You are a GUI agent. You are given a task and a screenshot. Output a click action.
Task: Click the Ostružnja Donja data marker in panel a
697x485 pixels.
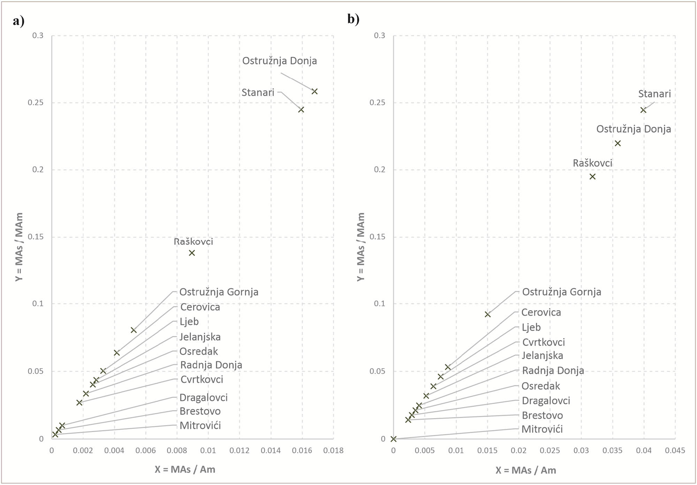pos(314,91)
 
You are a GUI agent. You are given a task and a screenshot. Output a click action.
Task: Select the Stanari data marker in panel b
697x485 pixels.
pos(643,110)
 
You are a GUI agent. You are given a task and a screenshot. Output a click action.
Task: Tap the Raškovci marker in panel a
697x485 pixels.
pos(192,253)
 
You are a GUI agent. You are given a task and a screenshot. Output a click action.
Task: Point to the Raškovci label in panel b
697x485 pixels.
pos(592,163)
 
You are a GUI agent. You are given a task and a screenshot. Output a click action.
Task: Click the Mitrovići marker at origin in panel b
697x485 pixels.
pos(393,439)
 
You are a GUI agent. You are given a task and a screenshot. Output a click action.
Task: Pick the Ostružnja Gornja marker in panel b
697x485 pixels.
pos(488,314)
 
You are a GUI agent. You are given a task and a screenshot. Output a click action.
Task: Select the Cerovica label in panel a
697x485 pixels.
pos(200,307)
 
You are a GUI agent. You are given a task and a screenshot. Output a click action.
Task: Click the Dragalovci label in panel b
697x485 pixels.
pos(546,401)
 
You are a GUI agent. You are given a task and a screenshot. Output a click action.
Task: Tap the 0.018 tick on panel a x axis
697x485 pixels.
pos(333,451)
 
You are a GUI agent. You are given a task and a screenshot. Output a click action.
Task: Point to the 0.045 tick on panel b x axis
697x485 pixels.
pos(675,451)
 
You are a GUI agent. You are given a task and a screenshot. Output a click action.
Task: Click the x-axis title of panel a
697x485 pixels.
pos(185,470)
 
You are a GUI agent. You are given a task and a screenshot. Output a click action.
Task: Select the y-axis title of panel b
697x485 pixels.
pos(361,247)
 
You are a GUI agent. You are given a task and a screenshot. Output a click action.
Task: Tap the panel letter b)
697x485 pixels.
pos(353,19)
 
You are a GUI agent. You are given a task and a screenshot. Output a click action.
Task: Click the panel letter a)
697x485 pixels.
pos(18,21)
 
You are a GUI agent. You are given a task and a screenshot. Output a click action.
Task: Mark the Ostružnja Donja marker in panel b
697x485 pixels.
pos(618,143)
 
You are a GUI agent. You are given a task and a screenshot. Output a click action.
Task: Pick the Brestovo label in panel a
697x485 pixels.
pos(200,411)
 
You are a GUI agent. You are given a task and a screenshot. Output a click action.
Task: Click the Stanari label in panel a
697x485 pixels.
pos(258,93)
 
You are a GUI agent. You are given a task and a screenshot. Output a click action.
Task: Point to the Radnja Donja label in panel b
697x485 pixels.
pos(553,370)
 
